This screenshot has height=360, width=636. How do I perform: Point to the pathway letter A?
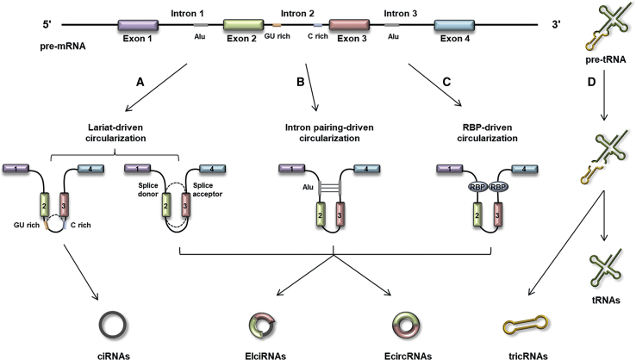click(140, 84)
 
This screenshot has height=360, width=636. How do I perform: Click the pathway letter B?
click(299, 84)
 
